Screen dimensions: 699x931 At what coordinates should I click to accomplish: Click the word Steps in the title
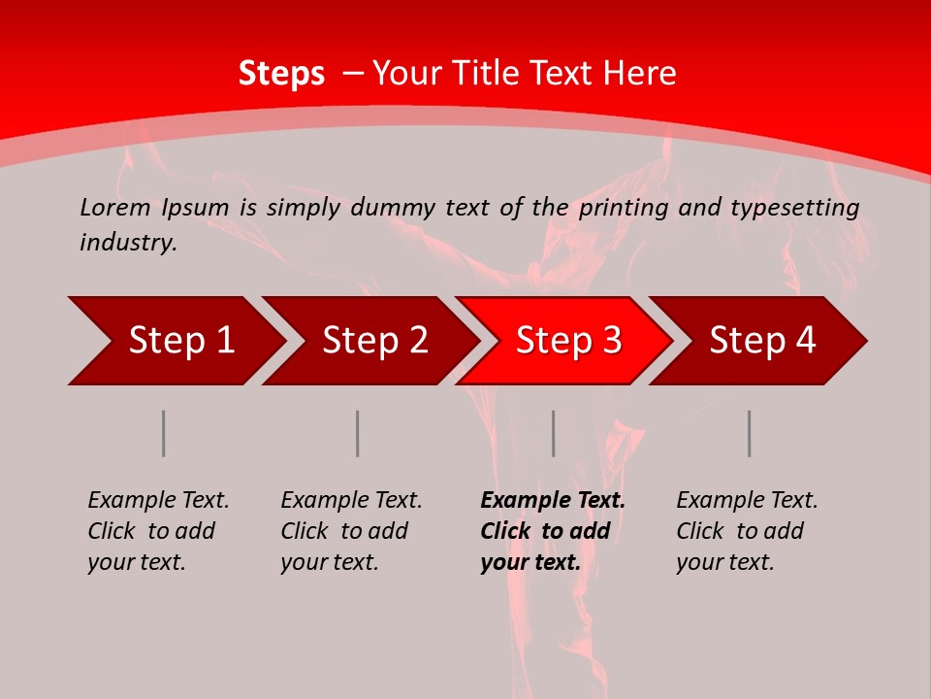click(x=281, y=74)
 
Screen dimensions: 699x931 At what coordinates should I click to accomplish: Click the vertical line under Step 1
click(x=164, y=433)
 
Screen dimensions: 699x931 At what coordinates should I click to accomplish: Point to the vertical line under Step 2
click(x=358, y=433)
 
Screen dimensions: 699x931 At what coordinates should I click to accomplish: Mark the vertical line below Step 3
click(x=554, y=433)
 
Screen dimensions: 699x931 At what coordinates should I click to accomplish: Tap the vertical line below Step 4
click(x=750, y=433)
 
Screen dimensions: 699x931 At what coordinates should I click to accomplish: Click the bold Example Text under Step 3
click(x=553, y=531)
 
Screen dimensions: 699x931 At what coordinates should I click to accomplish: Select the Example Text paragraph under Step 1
click(x=158, y=531)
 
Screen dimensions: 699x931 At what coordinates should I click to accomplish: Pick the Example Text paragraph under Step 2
click(x=351, y=531)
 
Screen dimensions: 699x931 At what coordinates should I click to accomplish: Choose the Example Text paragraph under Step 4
click(x=747, y=531)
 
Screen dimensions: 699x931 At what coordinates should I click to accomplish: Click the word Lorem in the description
click(x=115, y=207)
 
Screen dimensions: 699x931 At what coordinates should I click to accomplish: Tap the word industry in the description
click(x=127, y=243)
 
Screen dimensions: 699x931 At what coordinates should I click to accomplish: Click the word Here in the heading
click(x=640, y=74)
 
